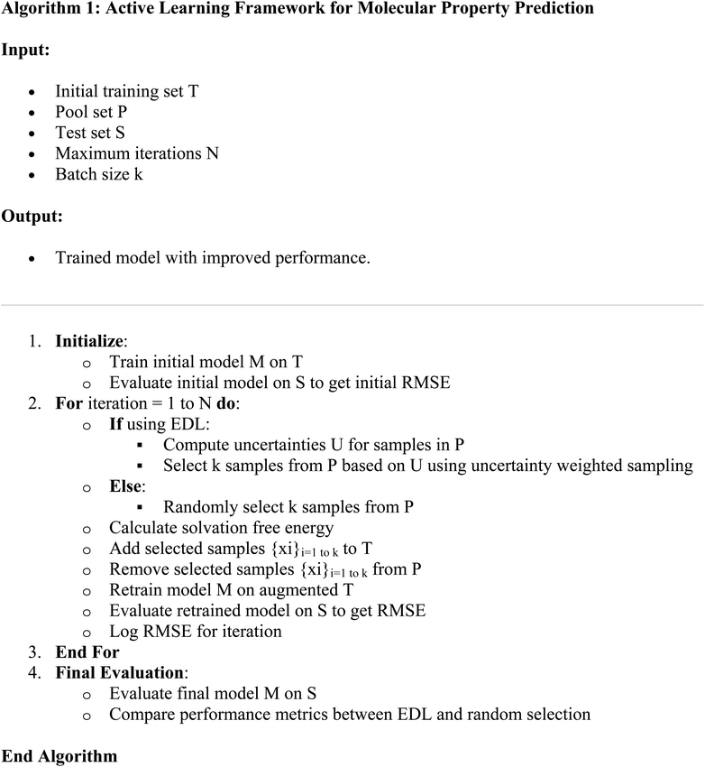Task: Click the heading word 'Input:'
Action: point(25,51)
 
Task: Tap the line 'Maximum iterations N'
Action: point(137,153)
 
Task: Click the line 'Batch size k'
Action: point(98,174)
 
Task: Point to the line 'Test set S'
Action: point(96,133)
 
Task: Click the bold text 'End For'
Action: point(87,652)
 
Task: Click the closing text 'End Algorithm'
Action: point(60,756)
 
